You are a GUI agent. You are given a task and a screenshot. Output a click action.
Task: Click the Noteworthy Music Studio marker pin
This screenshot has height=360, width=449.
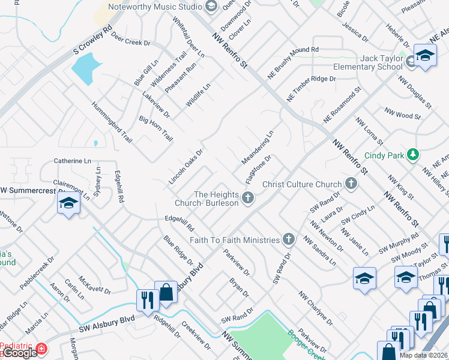pos(211,7)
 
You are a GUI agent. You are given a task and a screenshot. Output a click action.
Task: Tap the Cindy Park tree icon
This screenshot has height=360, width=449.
pos(412,155)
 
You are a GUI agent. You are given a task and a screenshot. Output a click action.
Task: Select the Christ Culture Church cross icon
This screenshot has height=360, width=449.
pos(352,184)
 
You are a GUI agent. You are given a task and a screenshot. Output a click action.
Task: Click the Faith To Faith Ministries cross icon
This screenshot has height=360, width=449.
pos(289,240)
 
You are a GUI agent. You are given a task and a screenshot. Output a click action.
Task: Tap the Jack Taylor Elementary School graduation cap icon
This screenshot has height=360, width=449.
pos(425,58)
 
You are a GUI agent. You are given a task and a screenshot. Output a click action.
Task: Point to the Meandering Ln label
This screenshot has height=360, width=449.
pos(258,148)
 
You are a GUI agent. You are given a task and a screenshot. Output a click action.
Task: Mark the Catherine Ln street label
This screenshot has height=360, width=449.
pos(73,161)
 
